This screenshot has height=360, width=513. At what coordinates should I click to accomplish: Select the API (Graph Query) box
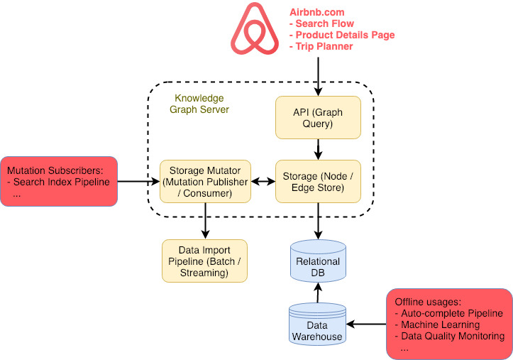point(318,117)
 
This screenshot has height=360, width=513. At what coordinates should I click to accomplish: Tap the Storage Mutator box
point(205,182)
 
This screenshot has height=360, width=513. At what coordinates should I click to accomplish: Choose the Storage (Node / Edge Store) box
point(318,182)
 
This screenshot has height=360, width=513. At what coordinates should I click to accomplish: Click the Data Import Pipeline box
point(205,261)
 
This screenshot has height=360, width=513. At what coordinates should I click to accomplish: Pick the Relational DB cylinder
point(318,261)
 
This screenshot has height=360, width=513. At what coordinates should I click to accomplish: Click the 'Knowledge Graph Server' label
point(199,104)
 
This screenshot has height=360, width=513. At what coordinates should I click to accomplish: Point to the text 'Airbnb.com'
point(317,12)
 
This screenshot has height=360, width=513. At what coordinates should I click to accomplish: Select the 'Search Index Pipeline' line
point(62,182)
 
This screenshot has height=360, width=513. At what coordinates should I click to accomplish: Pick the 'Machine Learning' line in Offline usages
point(440,324)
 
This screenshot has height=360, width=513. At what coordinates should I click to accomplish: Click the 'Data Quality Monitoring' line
point(452,336)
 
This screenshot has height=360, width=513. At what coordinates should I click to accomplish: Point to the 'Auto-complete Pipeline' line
point(451,313)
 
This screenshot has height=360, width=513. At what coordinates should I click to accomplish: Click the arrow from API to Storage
point(318,149)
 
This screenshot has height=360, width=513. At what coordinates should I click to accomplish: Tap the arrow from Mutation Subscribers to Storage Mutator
point(138,182)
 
